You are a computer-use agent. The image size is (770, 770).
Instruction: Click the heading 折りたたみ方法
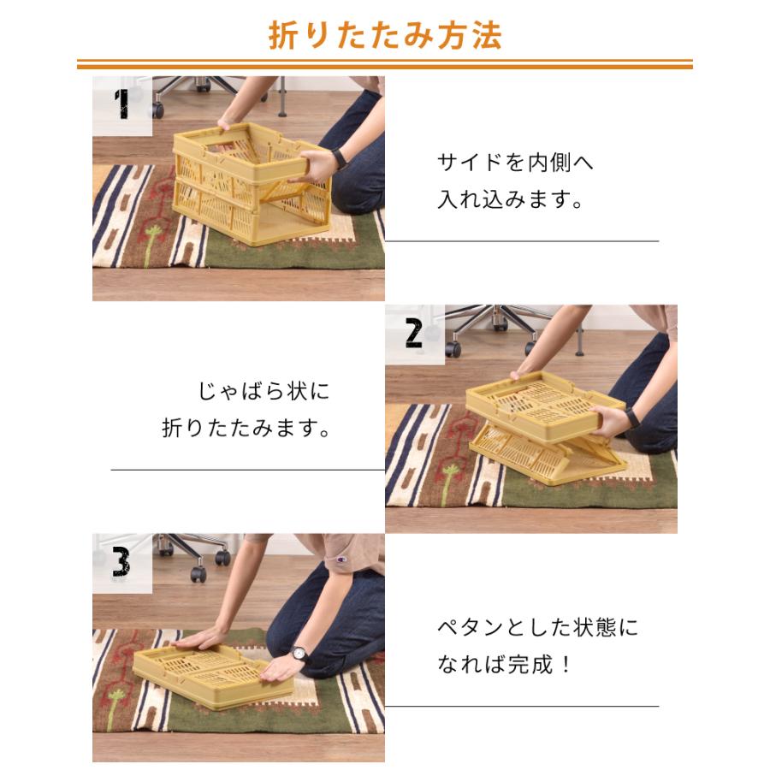[385, 35]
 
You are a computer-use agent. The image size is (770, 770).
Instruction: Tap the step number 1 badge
[122, 104]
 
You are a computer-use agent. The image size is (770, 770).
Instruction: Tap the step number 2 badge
[414, 333]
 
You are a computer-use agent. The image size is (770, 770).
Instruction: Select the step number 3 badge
[121, 561]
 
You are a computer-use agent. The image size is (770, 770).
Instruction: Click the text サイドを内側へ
[515, 162]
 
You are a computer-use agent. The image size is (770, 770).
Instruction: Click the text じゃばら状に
[264, 392]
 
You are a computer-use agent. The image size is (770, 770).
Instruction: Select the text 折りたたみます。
[246, 428]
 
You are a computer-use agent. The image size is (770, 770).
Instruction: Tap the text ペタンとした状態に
[537, 627]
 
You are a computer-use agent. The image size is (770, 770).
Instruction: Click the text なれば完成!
[505, 666]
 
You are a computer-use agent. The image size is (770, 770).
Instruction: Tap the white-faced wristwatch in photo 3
[299, 654]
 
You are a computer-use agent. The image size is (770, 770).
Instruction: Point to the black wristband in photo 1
[339, 158]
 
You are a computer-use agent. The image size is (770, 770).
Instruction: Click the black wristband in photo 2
[631, 417]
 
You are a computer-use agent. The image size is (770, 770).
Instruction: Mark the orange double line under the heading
[385, 64]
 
